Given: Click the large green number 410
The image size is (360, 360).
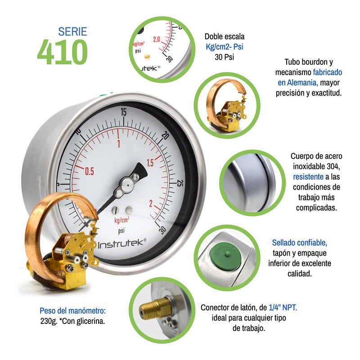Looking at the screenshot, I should click(62, 52).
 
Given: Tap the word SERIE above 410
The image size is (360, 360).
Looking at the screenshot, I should click(72, 31).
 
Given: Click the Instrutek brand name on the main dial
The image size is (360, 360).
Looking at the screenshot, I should click(122, 244).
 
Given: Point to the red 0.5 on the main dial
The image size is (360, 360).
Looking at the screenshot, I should click(89, 171).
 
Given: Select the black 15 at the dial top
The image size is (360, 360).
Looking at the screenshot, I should click(123, 112).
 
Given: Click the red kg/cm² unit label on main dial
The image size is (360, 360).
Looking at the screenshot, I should click(121, 220).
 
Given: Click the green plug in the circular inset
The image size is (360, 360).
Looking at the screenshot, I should click(225, 257).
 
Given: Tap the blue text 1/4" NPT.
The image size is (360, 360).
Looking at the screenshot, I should click(283, 307).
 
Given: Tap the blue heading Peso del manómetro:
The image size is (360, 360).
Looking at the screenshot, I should click(72, 311).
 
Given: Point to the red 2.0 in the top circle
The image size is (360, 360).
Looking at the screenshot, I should click(157, 39).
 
